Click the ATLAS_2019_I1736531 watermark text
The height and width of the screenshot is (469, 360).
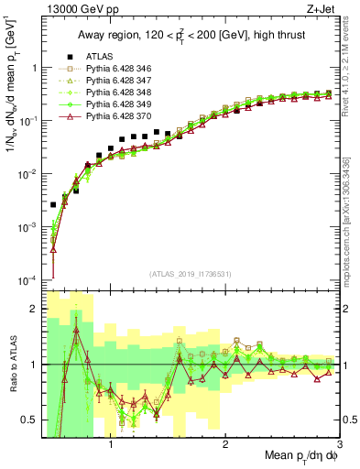click(191, 274)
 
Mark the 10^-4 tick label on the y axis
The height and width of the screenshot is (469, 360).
click(27, 279)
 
